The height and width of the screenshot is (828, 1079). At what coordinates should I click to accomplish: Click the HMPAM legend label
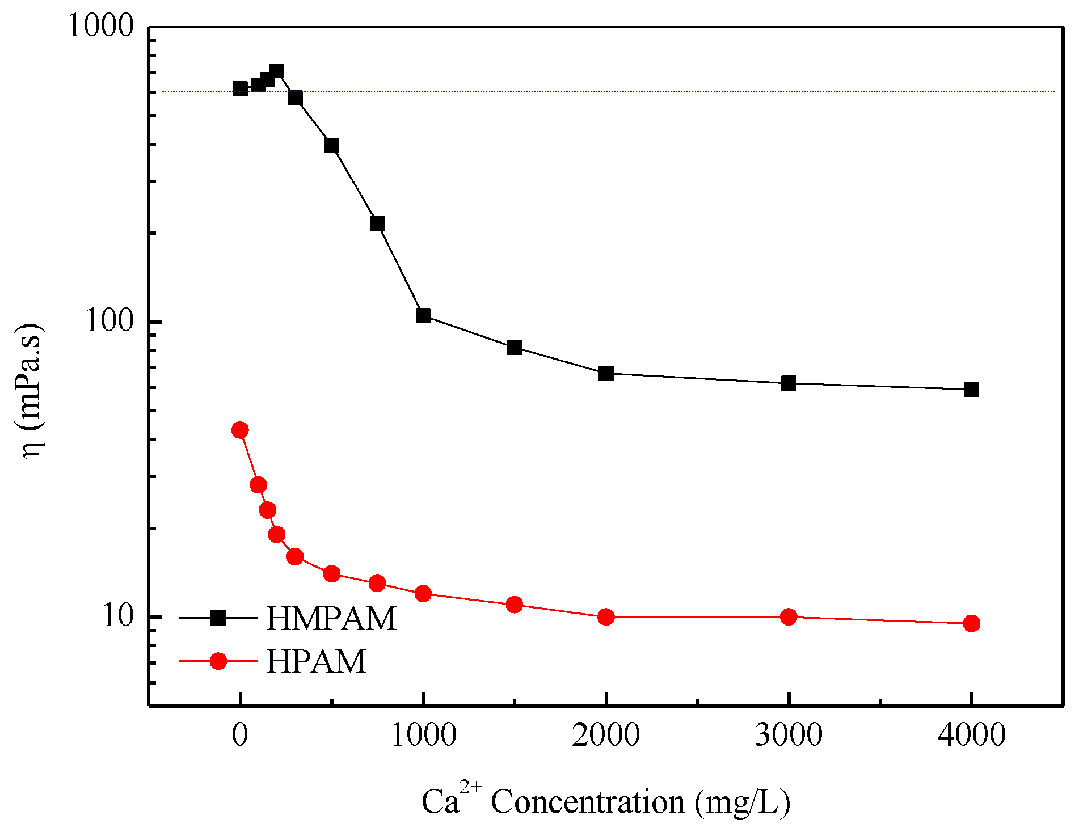pyautogui.click(x=331, y=618)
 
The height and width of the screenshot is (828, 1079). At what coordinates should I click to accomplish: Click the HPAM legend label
pyautogui.click(x=316, y=661)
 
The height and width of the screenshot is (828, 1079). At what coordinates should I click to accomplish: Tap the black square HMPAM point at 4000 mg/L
pyautogui.click(x=971, y=389)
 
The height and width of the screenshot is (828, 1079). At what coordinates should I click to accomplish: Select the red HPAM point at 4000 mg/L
pyautogui.click(x=971, y=623)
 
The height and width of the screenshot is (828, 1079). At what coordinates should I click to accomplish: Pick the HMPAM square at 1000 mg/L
pyautogui.click(x=423, y=316)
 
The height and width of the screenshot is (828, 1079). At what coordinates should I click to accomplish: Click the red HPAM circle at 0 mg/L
pyautogui.click(x=240, y=430)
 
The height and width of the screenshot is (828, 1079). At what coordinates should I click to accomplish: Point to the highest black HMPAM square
pyautogui.click(x=277, y=71)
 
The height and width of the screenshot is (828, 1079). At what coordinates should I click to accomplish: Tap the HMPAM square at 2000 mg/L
pyautogui.click(x=606, y=373)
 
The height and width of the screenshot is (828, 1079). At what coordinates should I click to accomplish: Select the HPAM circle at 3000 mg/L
pyautogui.click(x=789, y=616)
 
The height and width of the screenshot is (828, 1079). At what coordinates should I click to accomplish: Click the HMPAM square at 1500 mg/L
pyautogui.click(x=515, y=348)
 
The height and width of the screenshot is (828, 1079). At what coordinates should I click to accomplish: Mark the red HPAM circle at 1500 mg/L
pyautogui.click(x=515, y=605)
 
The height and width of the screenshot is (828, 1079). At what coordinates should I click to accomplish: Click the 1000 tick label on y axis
pyautogui.click(x=100, y=26)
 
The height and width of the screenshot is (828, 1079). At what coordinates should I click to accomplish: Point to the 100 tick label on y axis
pyautogui.click(x=109, y=322)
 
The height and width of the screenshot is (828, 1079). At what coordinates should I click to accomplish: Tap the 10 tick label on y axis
pyautogui.click(x=117, y=616)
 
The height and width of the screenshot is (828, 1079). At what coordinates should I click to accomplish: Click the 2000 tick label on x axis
pyautogui.click(x=606, y=736)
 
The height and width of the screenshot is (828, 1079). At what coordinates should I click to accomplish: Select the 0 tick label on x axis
pyautogui.click(x=240, y=736)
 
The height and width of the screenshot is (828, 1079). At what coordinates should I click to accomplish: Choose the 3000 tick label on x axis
pyautogui.click(x=789, y=736)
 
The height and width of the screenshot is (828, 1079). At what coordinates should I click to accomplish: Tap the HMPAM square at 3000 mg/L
pyautogui.click(x=789, y=383)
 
